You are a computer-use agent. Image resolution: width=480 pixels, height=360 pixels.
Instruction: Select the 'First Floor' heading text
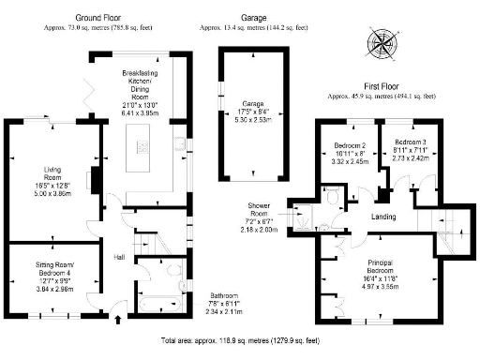click(x=380, y=85)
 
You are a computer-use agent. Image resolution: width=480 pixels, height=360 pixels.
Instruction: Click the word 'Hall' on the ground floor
click(x=120, y=257)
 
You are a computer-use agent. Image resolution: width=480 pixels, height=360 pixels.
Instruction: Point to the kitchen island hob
click(x=143, y=145)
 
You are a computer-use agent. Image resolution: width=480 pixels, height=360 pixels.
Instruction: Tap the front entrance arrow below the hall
click(x=117, y=321)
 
